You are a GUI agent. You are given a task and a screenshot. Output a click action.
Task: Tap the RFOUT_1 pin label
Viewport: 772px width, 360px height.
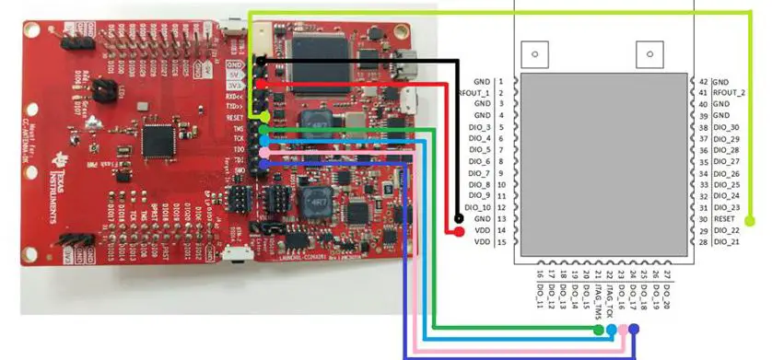click(474, 93)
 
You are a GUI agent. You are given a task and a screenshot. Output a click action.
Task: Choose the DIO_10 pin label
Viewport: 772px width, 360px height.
click(478, 207)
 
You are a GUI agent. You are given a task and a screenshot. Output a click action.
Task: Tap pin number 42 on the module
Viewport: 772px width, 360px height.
click(704, 82)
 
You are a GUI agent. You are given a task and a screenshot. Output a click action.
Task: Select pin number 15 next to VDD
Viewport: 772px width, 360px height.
click(500, 242)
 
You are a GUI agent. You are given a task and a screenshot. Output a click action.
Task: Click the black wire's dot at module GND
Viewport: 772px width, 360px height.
click(458, 219)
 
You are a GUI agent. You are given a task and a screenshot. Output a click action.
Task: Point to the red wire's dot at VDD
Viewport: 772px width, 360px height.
click(458, 231)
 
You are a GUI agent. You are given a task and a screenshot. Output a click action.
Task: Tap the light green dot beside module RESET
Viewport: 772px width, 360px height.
click(749, 220)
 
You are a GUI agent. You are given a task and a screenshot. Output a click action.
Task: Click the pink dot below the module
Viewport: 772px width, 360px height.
click(623, 329)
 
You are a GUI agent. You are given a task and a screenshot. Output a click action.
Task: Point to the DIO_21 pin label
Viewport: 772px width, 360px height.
click(726, 242)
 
